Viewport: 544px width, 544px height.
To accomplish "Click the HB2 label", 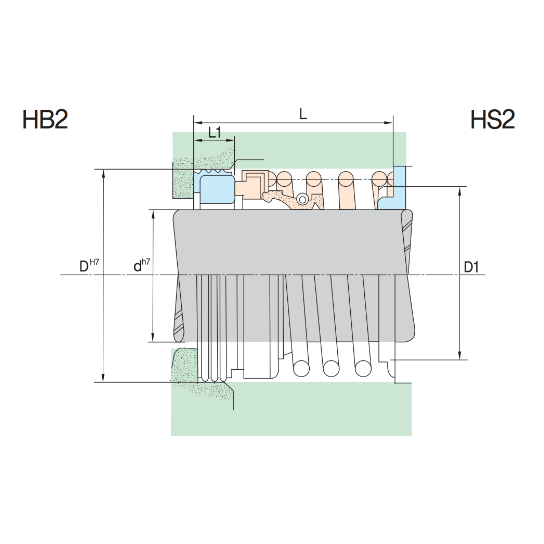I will click(x=45, y=119).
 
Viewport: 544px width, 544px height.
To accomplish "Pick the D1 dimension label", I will click(x=471, y=267).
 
